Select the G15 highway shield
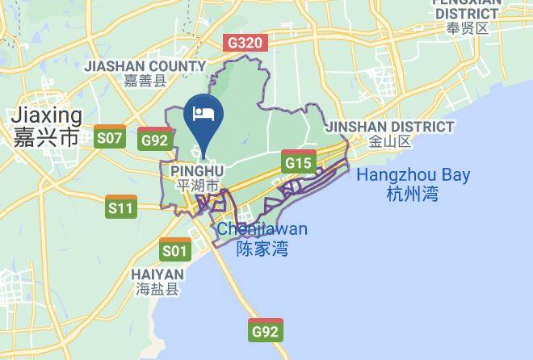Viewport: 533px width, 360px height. click(299, 162)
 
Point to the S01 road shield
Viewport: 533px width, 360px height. click(174, 250)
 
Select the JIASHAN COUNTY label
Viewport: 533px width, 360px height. click(145, 65)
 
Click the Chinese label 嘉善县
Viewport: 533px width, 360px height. click(145, 80)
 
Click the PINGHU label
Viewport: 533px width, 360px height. click(197, 171)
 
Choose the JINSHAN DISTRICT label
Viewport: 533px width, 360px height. click(389, 127)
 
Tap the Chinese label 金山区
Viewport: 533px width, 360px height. click(389, 141)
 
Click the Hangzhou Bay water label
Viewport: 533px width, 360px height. click(413, 174)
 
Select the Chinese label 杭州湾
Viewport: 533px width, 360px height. click(412, 194)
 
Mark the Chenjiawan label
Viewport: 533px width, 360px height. click(262, 229)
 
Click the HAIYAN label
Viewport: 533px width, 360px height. click(157, 274)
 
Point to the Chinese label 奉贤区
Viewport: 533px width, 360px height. click(468, 28)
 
